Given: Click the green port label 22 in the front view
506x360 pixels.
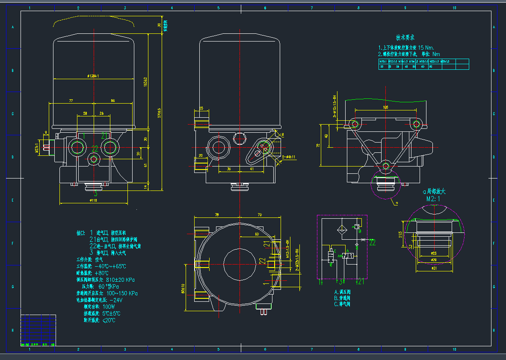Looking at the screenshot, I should (x=95, y=149).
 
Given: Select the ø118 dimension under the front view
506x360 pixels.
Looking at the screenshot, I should (x=94, y=200).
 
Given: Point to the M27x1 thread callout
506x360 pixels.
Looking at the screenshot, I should (x=37, y=148).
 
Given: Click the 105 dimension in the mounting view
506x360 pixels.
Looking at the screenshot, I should (x=385, y=107).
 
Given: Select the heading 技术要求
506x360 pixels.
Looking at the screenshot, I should (x=405, y=38).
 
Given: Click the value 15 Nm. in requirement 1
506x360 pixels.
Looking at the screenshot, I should (x=426, y=48).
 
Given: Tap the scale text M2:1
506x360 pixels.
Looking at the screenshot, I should (x=433, y=199).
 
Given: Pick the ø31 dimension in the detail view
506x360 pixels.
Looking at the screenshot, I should (x=434, y=268).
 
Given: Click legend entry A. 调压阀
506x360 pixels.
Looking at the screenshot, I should (x=342, y=292).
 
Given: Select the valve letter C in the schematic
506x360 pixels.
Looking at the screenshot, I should (x=334, y=251).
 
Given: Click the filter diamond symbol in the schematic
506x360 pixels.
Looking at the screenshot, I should (x=342, y=227).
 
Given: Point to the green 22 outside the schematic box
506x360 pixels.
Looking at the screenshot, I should (x=373, y=243).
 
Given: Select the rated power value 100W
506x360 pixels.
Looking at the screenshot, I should (x=109, y=307).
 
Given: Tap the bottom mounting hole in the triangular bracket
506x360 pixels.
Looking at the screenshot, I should (x=386, y=166).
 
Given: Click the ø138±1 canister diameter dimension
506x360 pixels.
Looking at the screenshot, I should (x=93, y=76).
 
